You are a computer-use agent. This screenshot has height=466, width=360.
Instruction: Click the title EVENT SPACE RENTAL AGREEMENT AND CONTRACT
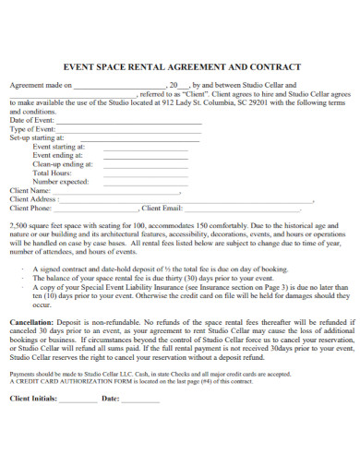[180, 67]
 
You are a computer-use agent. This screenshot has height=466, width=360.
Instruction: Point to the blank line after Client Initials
[78, 399]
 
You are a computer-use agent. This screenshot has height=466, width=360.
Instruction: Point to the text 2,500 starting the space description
[18, 225]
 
